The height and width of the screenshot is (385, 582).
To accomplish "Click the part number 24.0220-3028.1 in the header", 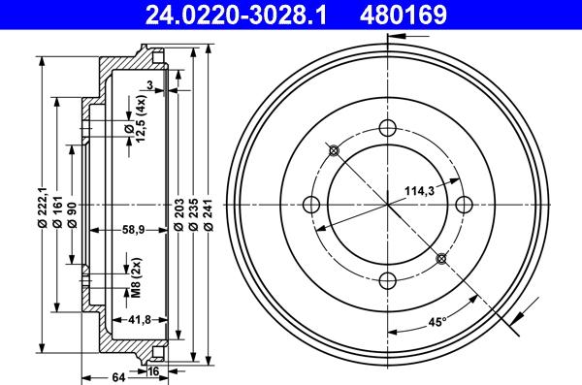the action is pyautogui.click(x=236, y=15).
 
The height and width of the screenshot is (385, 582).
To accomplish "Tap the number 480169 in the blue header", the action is pyautogui.click(x=404, y=15).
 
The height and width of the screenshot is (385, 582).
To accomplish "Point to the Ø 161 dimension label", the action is pyautogui.click(x=57, y=211).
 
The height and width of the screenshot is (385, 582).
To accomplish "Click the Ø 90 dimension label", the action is pyautogui.click(x=72, y=214).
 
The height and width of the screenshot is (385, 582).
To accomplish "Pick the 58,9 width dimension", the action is pyautogui.click(x=133, y=230).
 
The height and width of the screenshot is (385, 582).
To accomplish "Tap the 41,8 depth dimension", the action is pyautogui.click(x=139, y=320).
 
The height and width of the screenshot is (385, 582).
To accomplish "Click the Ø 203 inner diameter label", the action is pyautogui.click(x=178, y=215).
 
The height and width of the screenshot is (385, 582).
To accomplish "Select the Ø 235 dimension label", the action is pyautogui.click(x=193, y=215).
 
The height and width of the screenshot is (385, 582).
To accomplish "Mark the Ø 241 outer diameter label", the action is pyautogui.click(x=209, y=215).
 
